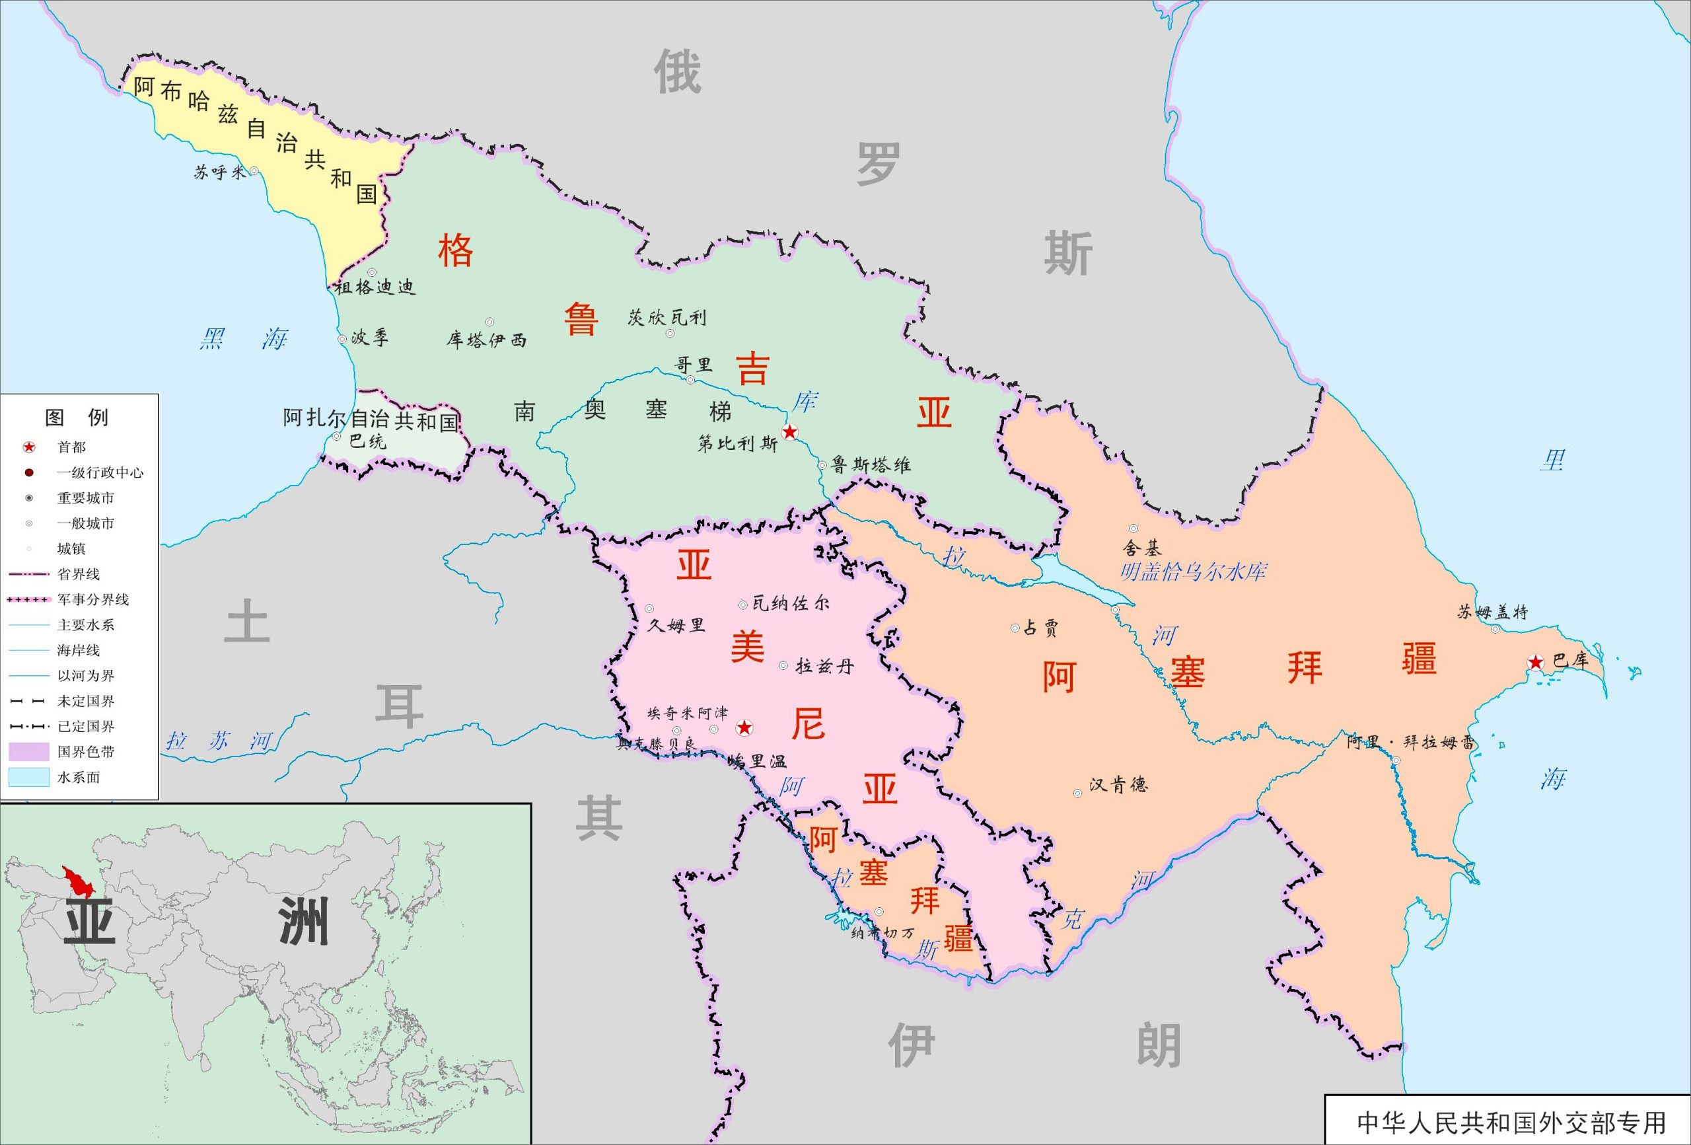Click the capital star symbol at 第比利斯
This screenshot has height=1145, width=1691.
tap(789, 432)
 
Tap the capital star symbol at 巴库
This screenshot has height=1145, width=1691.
tap(1535, 661)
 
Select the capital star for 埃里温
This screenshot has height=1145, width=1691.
tap(744, 727)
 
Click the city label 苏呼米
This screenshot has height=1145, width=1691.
tap(220, 172)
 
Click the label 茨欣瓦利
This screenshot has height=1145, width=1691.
tap(666, 317)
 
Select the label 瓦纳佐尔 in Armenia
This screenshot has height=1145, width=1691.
tap(790, 603)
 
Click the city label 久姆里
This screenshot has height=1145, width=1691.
tap(676, 625)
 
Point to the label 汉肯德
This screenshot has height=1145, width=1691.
tap(1118, 785)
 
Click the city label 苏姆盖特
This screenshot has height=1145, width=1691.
tap(1492, 612)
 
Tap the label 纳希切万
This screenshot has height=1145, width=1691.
tap(882, 933)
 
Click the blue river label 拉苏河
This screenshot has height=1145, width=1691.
tap(218, 742)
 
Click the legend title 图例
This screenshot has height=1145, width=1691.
tap(77, 417)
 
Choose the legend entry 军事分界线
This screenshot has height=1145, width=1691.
tap(92, 600)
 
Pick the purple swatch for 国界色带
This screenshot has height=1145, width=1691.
tap(29, 752)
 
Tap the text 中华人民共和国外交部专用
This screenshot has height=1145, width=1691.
tap(1511, 1123)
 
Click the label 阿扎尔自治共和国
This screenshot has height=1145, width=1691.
tap(371, 420)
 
